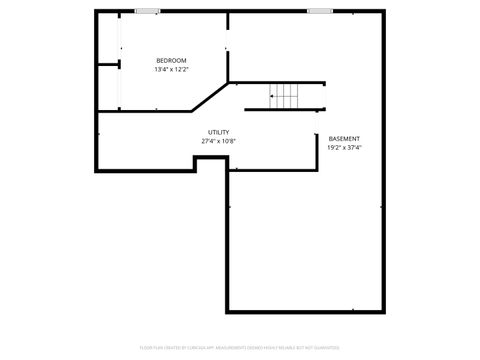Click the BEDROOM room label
click(x=171, y=61)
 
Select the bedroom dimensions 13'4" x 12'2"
click(x=171, y=70)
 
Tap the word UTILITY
click(x=218, y=132)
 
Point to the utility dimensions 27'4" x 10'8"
click(x=218, y=141)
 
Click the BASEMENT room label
click(x=344, y=139)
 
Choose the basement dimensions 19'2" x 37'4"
click(x=344, y=148)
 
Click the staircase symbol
click(x=285, y=97)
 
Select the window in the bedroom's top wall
click(x=148, y=11)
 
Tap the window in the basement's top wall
click(x=320, y=11)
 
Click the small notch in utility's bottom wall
click(x=210, y=160)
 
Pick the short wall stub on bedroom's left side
click(x=108, y=65)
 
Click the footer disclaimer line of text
click(x=240, y=349)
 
